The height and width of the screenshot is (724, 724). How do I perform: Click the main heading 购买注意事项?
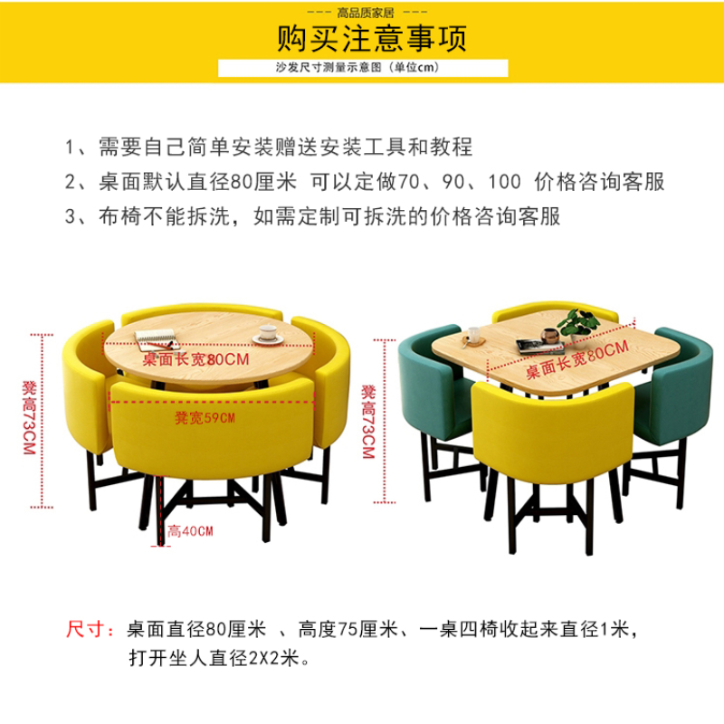372,38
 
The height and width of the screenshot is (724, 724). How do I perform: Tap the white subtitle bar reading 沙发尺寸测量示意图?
363,68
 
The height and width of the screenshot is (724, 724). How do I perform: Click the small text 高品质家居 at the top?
366,13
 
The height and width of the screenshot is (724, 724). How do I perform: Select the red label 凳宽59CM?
205,418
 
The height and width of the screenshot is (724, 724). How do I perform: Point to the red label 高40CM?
190,531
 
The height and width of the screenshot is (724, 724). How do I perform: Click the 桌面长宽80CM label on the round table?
195,359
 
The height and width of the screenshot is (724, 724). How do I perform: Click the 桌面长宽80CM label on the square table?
577,359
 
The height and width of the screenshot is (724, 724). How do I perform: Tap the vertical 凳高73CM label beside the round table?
29,418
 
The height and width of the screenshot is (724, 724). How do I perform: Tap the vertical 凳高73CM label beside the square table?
368,422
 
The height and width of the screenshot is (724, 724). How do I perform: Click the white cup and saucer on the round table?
268,334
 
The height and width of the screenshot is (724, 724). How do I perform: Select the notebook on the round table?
157,340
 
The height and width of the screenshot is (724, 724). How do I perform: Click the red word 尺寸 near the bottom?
89,629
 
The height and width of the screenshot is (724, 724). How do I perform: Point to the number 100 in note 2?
505,182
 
